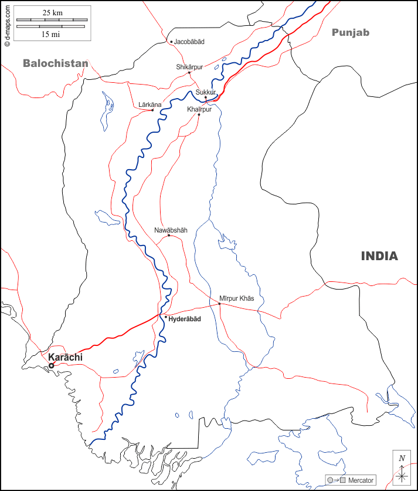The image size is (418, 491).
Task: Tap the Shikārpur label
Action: pyautogui.click(x=189, y=67)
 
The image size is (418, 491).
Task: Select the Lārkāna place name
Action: pyautogui.click(x=149, y=105)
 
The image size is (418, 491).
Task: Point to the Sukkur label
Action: pyautogui.click(x=206, y=92)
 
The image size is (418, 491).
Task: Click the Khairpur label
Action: pyautogui.click(x=199, y=109)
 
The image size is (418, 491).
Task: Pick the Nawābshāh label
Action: pyautogui.click(x=171, y=230)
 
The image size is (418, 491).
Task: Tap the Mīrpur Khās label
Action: pyautogui.click(x=237, y=298)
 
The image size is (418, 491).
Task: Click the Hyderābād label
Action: pyautogui.click(x=185, y=318)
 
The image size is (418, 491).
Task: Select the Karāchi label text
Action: pyautogui.click(x=65, y=357)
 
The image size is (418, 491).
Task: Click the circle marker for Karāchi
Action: pyautogui.click(x=51, y=365)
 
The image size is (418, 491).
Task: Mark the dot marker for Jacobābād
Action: pyautogui.click(x=171, y=42)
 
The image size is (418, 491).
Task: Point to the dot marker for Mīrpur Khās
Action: pyautogui.click(x=219, y=304)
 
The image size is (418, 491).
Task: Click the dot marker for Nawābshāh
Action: pyautogui.click(x=169, y=236)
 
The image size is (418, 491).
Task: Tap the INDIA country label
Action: pyautogui.click(x=379, y=256)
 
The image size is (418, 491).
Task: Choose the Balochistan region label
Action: pyautogui.click(x=56, y=63)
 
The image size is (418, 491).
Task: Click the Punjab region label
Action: pyautogui.click(x=351, y=32)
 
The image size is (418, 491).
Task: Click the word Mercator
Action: pyautogui.click(x=361, y=480)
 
